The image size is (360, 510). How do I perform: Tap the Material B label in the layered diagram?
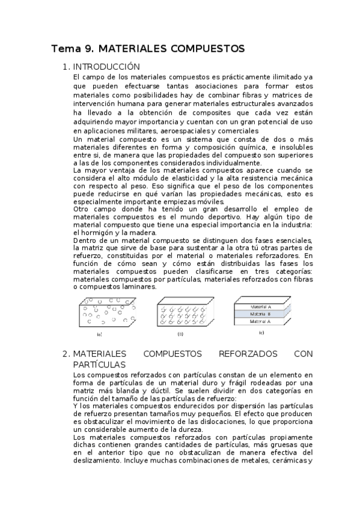[x=261, y=313]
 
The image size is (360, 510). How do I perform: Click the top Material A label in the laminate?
[x=261, y=306]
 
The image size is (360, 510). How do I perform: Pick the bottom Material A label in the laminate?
[x=261, y=321]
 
